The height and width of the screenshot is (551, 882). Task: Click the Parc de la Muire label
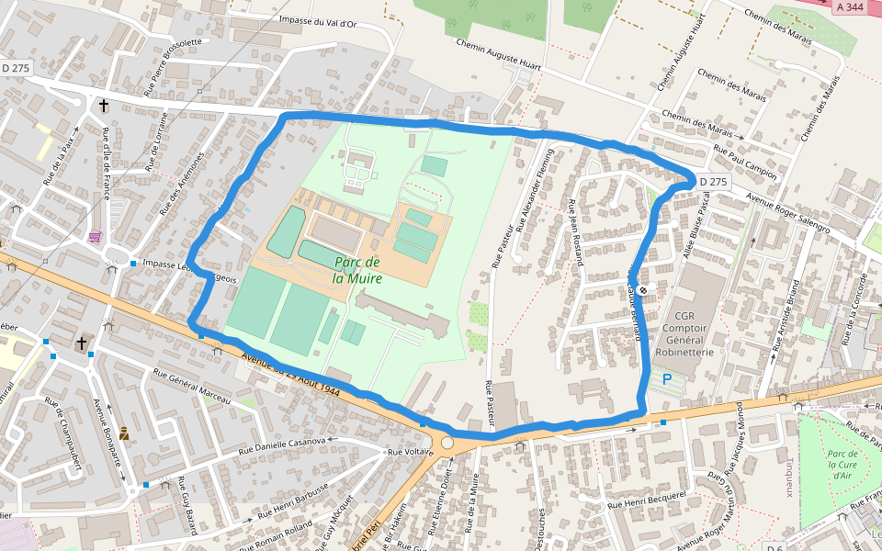(357, 269)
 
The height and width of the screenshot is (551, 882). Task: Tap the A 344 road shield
(851, 7)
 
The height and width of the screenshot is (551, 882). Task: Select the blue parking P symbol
(667, 378)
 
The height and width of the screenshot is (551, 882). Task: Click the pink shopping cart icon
(95, 237)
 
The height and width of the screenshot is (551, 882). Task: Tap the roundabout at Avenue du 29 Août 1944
(447, 443)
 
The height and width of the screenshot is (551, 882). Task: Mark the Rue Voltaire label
(411, 452)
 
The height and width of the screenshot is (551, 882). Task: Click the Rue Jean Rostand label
(578, 232)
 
